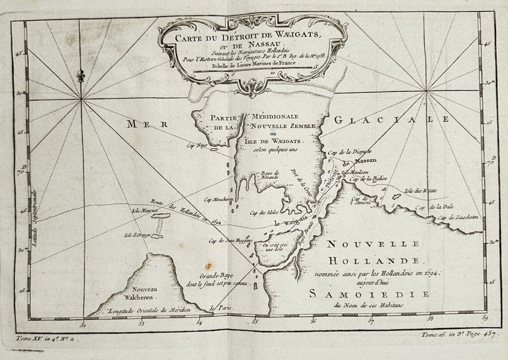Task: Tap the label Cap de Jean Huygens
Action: click(x=228, y=241)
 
